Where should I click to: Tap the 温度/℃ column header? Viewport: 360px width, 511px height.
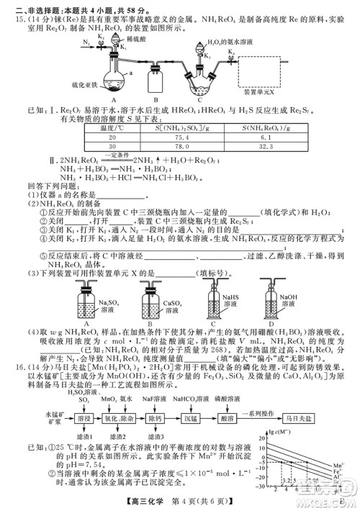(112, 127)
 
